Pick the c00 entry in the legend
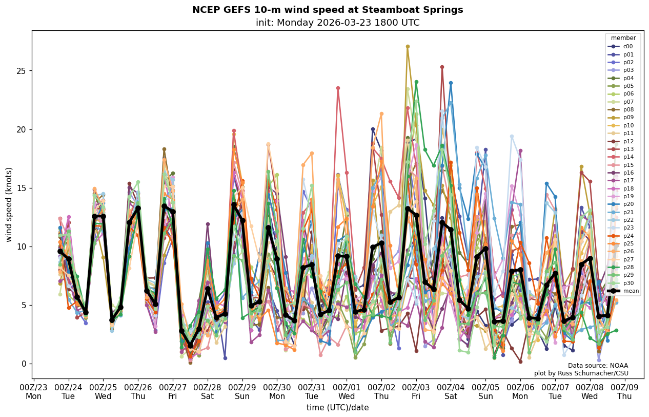(627, 46)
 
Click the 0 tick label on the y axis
(23, 364)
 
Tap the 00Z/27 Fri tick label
(173, 392)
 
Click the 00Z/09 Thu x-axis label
(624, 392)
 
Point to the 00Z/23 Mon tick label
(33, 392)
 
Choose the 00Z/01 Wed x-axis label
(347, 392)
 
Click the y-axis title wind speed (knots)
(9, 204)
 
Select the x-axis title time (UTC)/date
(337, 408)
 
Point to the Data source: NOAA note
(598, 366)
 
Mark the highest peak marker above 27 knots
(408, 46)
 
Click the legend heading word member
(623, 38)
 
